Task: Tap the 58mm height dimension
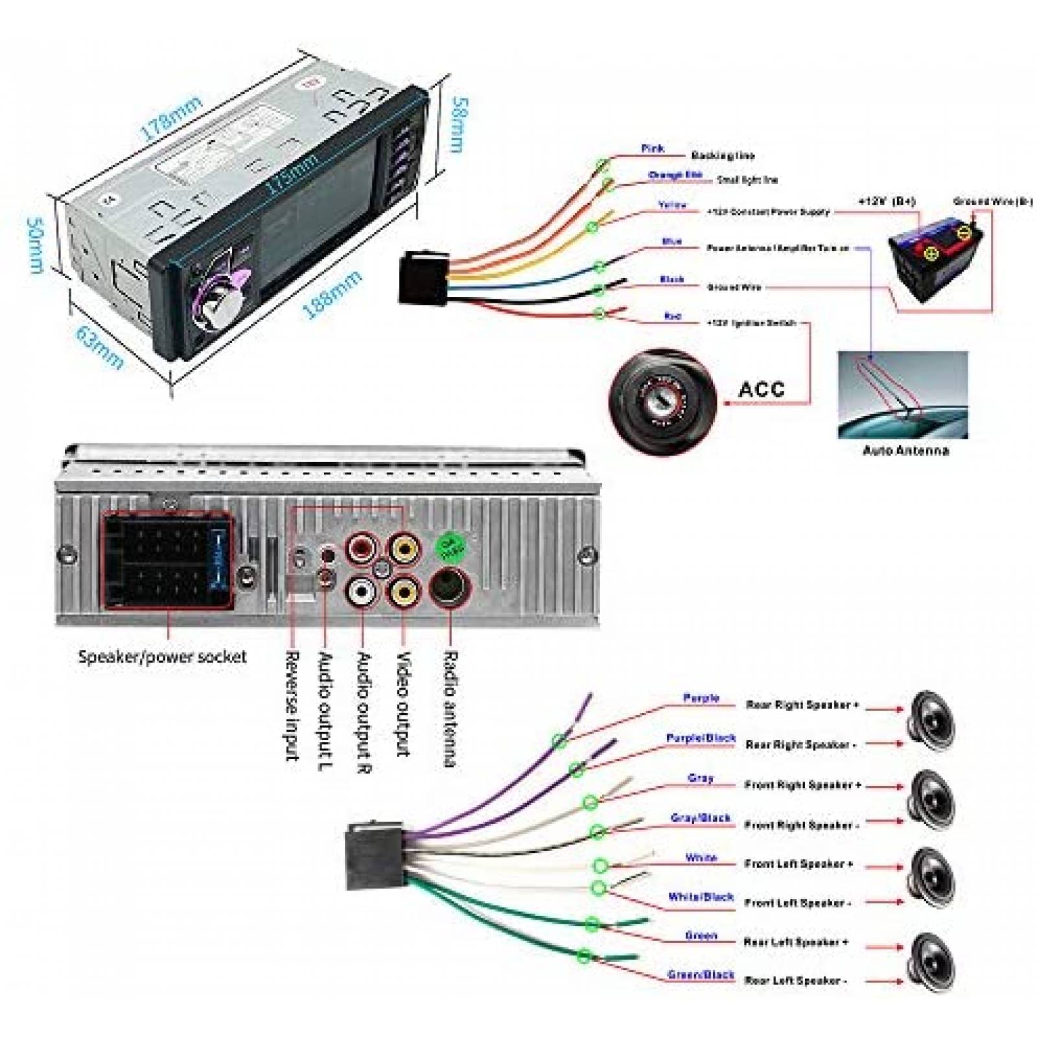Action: click(458, 124)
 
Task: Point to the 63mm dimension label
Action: click(99, 347)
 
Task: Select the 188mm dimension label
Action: click(332, 296)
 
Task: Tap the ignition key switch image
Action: click(662, 397)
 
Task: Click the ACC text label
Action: click(761, 390)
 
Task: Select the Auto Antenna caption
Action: click(905, 450)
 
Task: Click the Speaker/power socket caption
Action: click(162, 657)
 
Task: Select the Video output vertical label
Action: click(403, 704)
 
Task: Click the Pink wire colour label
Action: click(652, 148)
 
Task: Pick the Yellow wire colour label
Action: click(672, 205)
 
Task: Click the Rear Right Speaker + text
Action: click(802, 705)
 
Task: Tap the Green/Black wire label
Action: click(701, 975)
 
